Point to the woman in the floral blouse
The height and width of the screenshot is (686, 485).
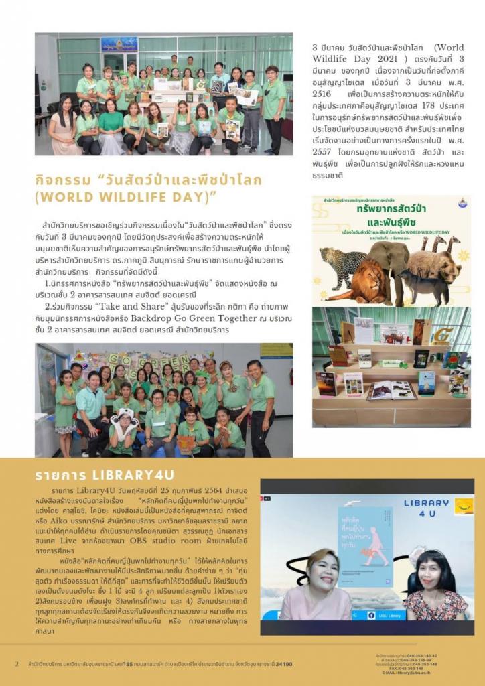click(435, 590)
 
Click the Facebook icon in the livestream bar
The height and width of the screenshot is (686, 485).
click(371, 615)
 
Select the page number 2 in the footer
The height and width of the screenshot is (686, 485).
click(17, 664)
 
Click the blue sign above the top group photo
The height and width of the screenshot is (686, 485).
click(119, 44)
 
